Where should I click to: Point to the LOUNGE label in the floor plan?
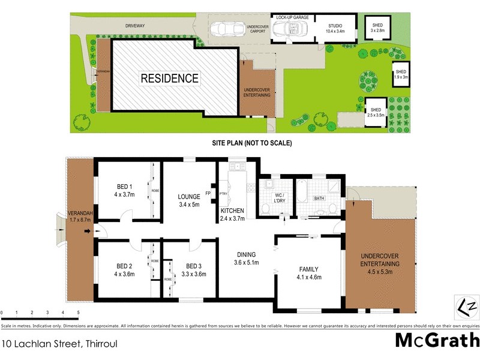click(x=189, y=196)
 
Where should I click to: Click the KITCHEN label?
click(x=232, y=212)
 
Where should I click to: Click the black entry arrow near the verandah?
click(x=88, y=231)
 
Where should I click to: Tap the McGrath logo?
click(x=436, y=340)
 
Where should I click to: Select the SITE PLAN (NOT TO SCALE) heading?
click(x=252, y=143)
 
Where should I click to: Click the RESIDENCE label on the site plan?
click(x=169, y=78)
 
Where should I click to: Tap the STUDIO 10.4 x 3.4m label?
click(x=334, y=29)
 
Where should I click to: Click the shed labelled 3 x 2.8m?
click(x=377, y=28)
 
